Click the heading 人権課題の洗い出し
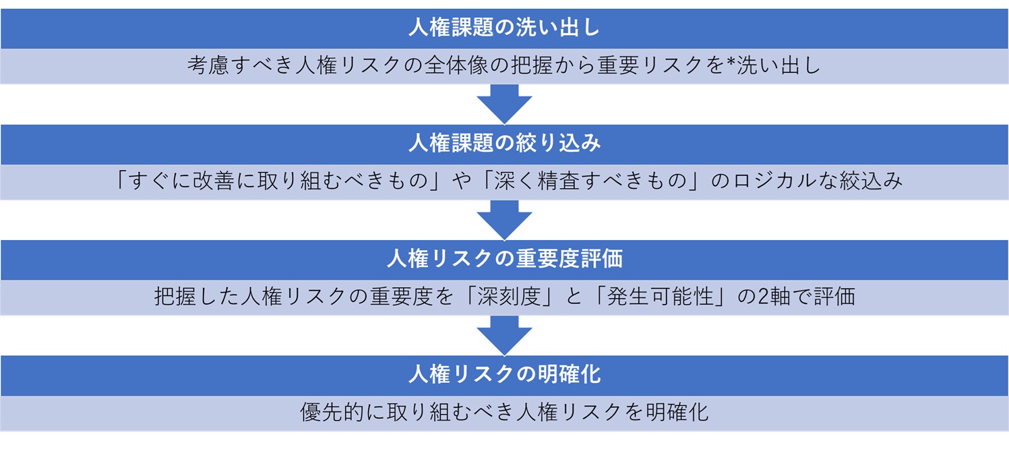click(504, 28)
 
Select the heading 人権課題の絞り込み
click(504, 144)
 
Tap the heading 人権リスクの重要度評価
click(504, 259)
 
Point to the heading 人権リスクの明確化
click(504, 374)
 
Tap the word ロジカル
click(774, 181)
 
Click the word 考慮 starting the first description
click(206, 66)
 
